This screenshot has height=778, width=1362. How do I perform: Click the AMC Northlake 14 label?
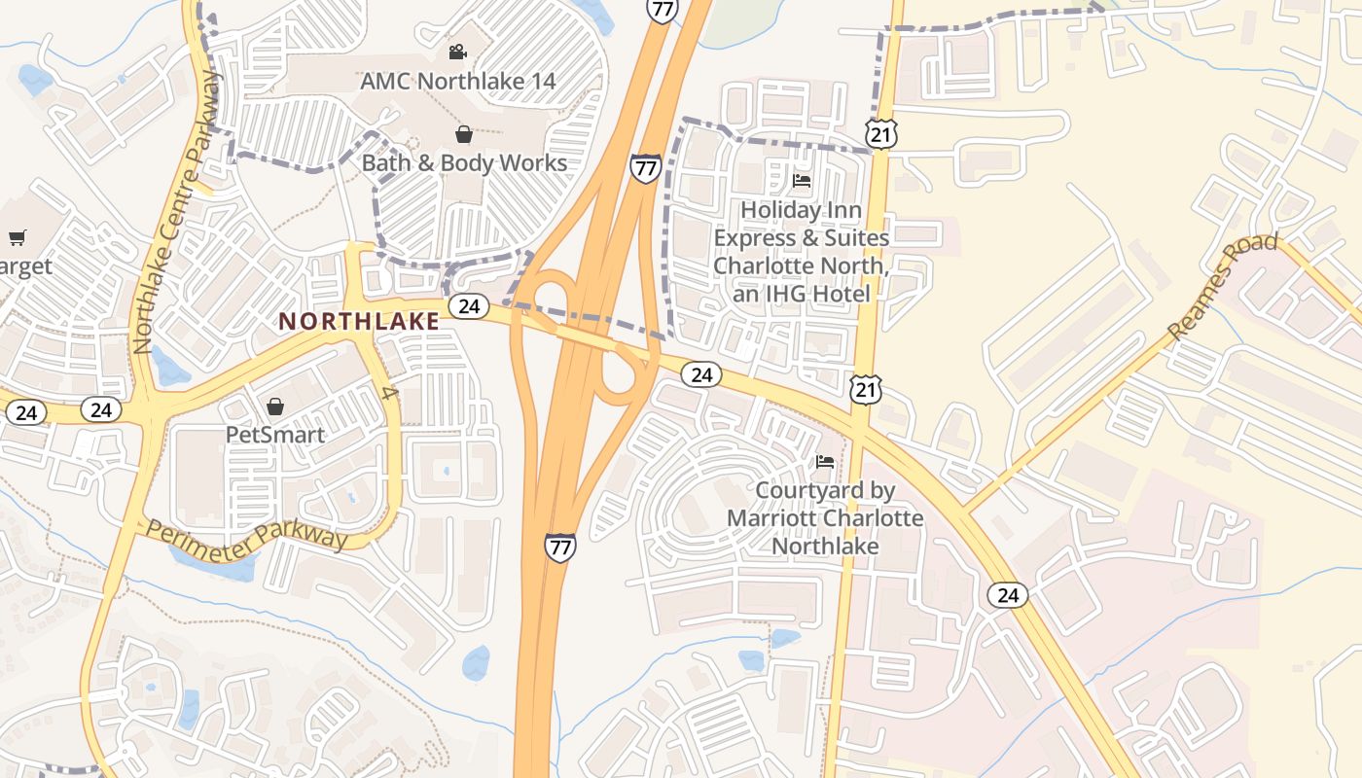(458, 81)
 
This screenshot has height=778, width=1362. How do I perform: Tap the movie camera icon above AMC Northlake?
(457, 52)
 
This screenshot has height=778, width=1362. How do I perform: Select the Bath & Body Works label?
(464, 162)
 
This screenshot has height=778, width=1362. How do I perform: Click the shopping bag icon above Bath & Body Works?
(464, 133)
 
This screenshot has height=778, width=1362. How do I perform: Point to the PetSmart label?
(275, 434)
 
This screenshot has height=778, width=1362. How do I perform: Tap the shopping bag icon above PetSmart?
(275, 406)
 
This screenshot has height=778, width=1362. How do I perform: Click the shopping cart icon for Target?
(17, 237)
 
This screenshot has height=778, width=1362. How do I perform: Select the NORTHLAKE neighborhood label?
(359, 321)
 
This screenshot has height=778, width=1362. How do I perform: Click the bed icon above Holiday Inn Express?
(802, 181)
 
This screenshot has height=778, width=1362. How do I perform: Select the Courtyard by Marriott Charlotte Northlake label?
(825, 518)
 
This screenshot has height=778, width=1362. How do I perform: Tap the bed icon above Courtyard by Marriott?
(825, 462)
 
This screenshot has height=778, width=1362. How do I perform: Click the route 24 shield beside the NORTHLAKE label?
(469, 306)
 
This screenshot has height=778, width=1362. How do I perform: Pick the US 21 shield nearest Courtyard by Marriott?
(865, 390)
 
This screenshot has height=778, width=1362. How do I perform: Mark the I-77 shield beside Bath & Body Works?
(645, 168)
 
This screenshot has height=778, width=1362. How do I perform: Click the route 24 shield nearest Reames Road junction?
(1008, 594)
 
